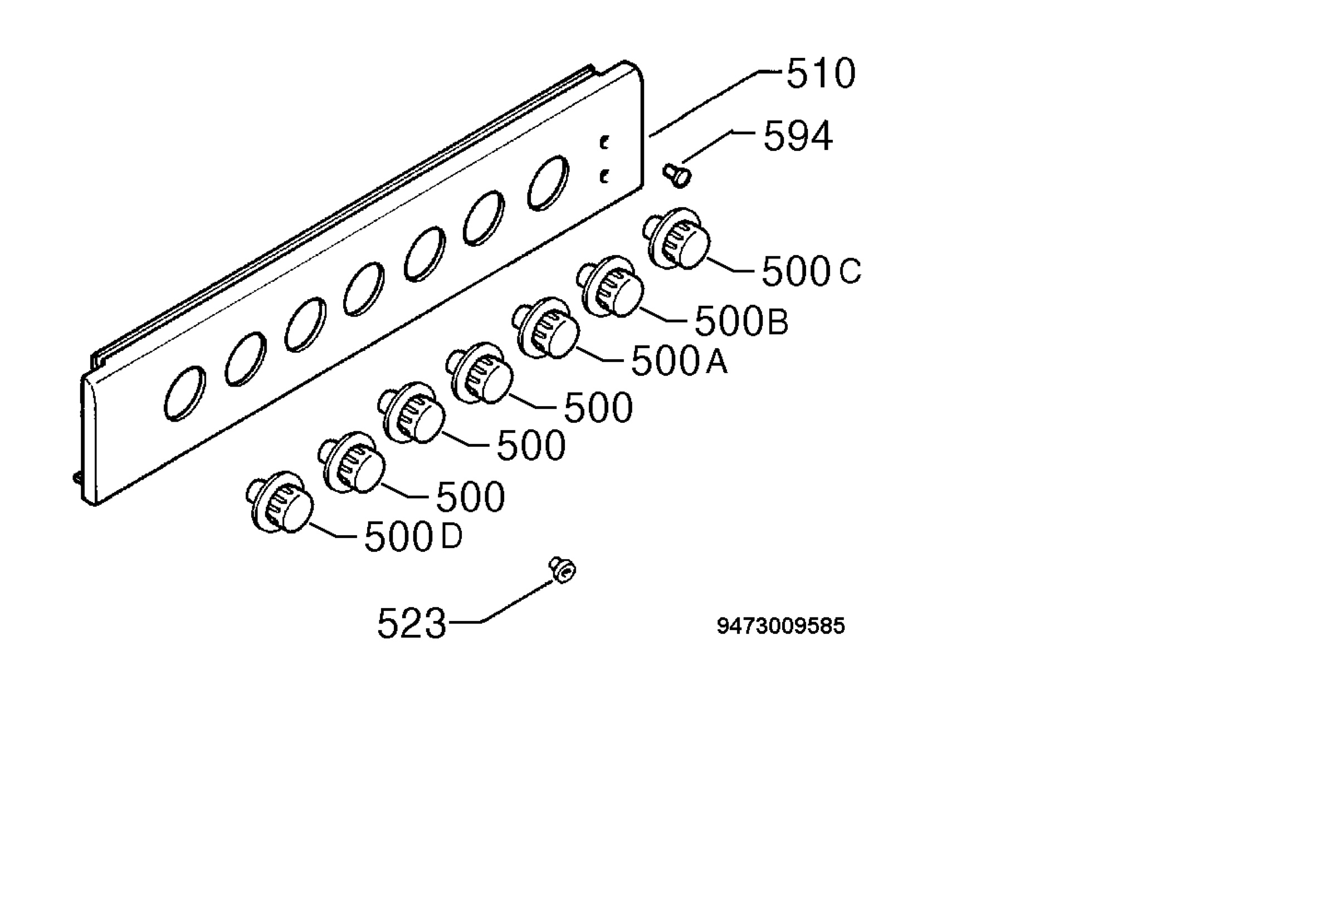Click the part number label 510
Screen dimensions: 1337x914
point(821,74)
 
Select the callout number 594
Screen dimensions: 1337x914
point(798,136)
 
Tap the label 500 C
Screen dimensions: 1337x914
point(812,271)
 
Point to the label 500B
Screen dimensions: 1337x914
point(741,320)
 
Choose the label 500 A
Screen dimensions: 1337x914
point(680,361)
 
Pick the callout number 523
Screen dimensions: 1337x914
point(411,623)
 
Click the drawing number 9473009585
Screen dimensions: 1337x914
point(780,626)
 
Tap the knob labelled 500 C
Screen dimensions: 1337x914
point(676,238)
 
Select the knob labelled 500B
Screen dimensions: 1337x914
point(609,286)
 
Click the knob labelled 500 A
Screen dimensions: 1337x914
point(545,328)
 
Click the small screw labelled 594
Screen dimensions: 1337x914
point(677,175)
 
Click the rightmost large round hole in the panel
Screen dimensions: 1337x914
point(548,183)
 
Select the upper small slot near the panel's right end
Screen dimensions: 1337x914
point(604,143)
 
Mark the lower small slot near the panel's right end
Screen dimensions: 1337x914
point(604,177)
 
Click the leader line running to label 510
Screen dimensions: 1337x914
point(714,103)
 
